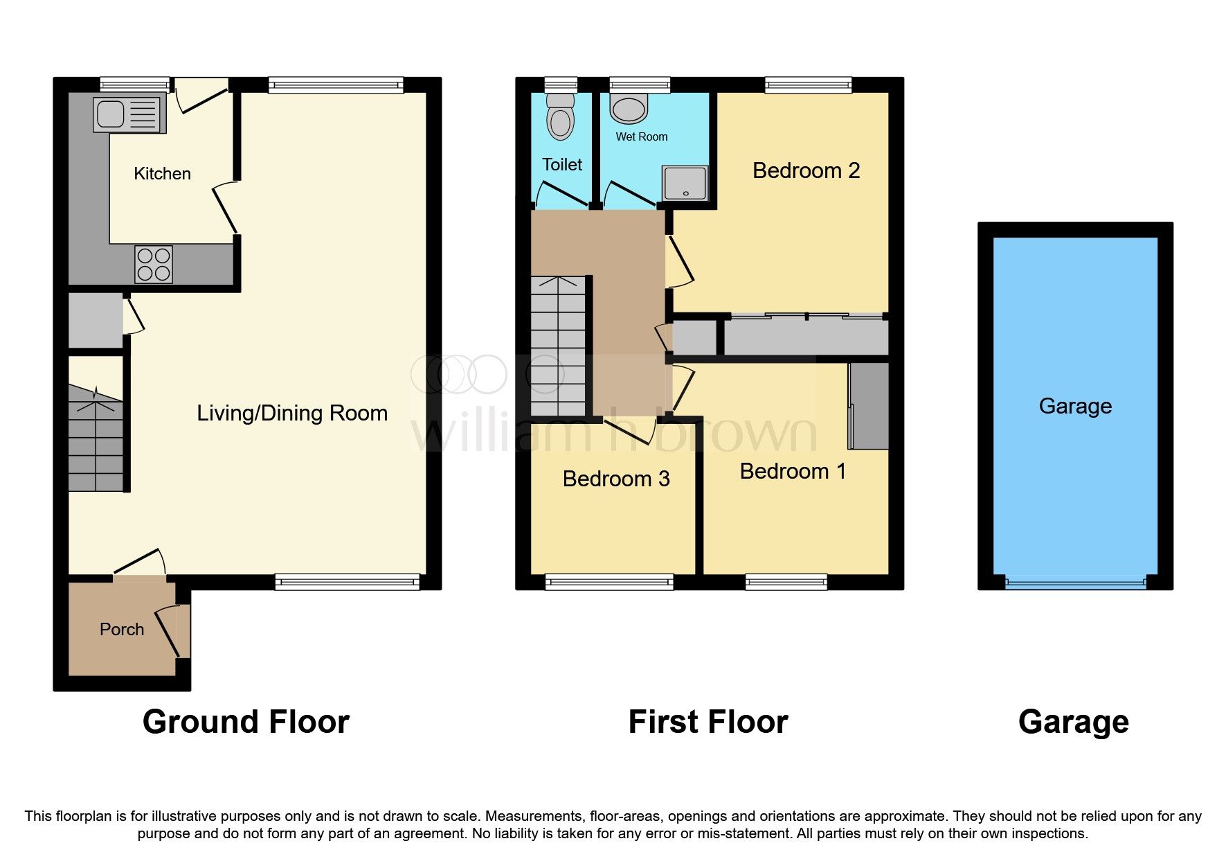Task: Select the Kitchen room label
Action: pyautogui.click(x=162, y=174)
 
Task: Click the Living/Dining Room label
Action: pyautogui.click(x=291, y=414)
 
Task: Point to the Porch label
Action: pyautogui.click(x=122, y=630)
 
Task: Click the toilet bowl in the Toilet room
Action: pyautogui.click(x=560, y=118)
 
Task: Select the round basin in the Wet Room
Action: pyautogui.click(x=629, y=110)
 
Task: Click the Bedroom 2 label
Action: pyautogui.click(x=806, y=171)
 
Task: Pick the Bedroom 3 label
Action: pyautogui.click(x=616, y=479)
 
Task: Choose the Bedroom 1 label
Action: pyautogui.click(x=793, y=472)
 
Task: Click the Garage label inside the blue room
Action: pyautogui.click(x=1075, y=407)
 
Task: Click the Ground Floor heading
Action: pyautogui.click(x=246, y=722)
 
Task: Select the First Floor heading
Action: pyautogui.click(x=707, y=722)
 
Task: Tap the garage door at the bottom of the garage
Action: pyautogui.click(x=1075, y=583)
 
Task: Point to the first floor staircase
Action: pyautogui.click(x=558, y=346)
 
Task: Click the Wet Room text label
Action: pyautogui.click(x=642, y=137)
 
